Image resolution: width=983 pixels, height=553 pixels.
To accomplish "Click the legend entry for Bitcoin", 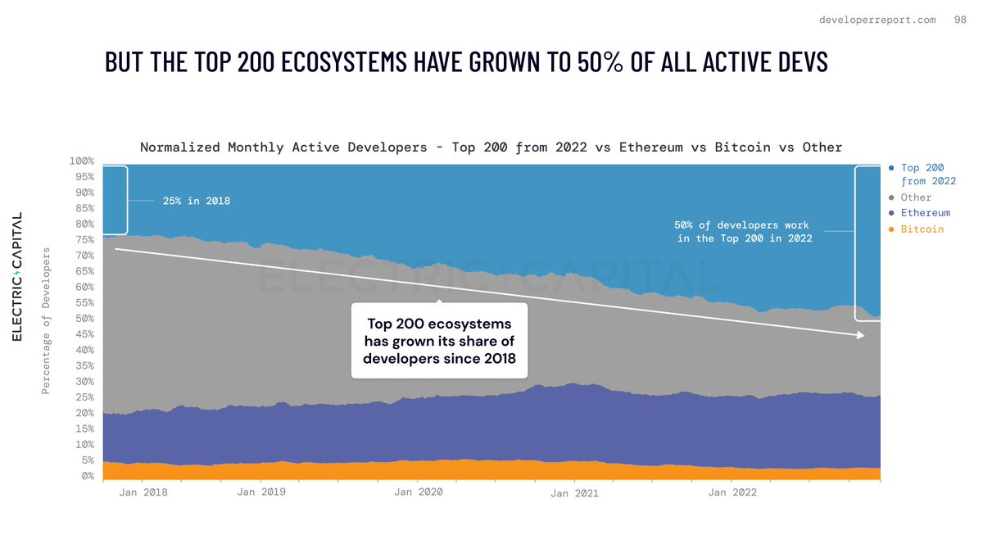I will click(922, 229).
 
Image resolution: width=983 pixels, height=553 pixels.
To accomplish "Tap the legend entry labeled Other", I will click(915, 197).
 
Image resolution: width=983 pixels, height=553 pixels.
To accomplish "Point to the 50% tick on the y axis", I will click(83, 319).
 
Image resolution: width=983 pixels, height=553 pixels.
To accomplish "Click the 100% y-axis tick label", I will click(81, 161).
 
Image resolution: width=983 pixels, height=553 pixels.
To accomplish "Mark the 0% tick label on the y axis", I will click(86, 476).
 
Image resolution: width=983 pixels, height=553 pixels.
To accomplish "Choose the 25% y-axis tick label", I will click(83, 397).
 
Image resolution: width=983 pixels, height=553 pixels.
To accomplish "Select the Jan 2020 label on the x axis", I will click(418, 492).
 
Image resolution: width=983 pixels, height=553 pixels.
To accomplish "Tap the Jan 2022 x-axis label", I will click(732, 492).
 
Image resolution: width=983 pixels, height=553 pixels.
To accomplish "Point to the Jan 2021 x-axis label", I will click(574, 493).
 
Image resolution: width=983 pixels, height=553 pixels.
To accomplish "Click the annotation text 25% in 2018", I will click(197, 201).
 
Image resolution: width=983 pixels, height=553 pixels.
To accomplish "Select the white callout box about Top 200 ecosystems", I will click(439, 341).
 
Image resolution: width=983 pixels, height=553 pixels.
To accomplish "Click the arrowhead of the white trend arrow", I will click(860, 335).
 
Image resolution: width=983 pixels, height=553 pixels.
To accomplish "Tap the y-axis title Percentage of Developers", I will click(47, 320).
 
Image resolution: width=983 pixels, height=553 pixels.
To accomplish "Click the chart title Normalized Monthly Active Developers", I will click(491, 147).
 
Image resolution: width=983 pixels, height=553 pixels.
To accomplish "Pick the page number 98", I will click(960, 20).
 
